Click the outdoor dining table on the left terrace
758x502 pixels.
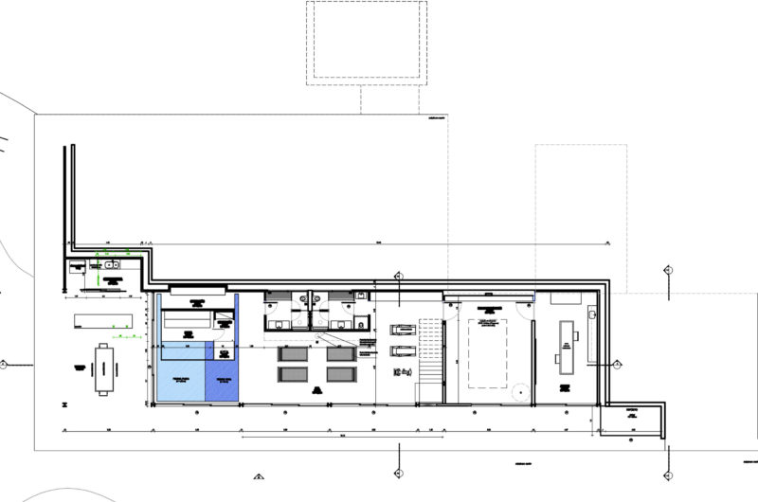tap(103, 368)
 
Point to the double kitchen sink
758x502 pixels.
tap(111, 265)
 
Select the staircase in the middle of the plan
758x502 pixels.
tap(431, 351)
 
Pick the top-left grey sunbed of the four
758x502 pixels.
tap(291, 353)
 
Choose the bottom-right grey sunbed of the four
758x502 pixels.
tap(340, 374)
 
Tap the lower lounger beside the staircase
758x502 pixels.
tap(403, 350)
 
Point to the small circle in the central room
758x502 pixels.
tap(519, 389)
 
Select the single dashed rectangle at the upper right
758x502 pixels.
tap(580, 218)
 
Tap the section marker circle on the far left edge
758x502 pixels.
tap(4, 364)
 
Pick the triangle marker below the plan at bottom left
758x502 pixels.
tap(258, 475)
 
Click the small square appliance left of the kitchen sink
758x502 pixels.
tap(75, 266)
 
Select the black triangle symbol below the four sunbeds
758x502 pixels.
tap(314, 387)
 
